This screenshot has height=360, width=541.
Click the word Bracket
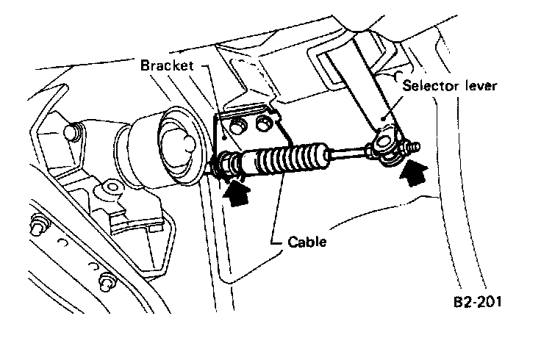[167, 65]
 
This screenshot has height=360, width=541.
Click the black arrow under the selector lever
[412, 174]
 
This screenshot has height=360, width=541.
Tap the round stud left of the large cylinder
[73, 133]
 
